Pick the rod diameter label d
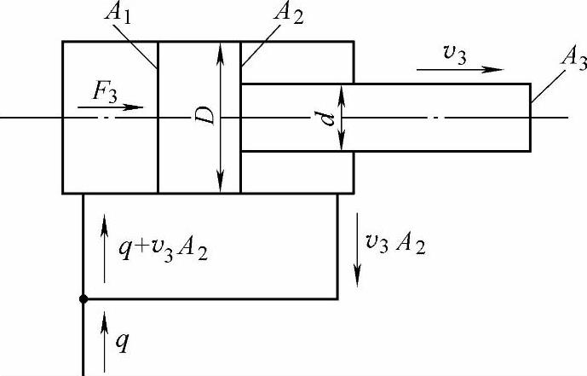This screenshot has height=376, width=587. [x=326, y=117]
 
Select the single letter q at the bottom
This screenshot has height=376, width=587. [x=124, y=342]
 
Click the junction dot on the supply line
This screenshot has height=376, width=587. [x=83, y=299]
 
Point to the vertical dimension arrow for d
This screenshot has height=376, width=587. [x=341, y=117]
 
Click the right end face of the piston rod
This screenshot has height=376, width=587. [x=530, y=117]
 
